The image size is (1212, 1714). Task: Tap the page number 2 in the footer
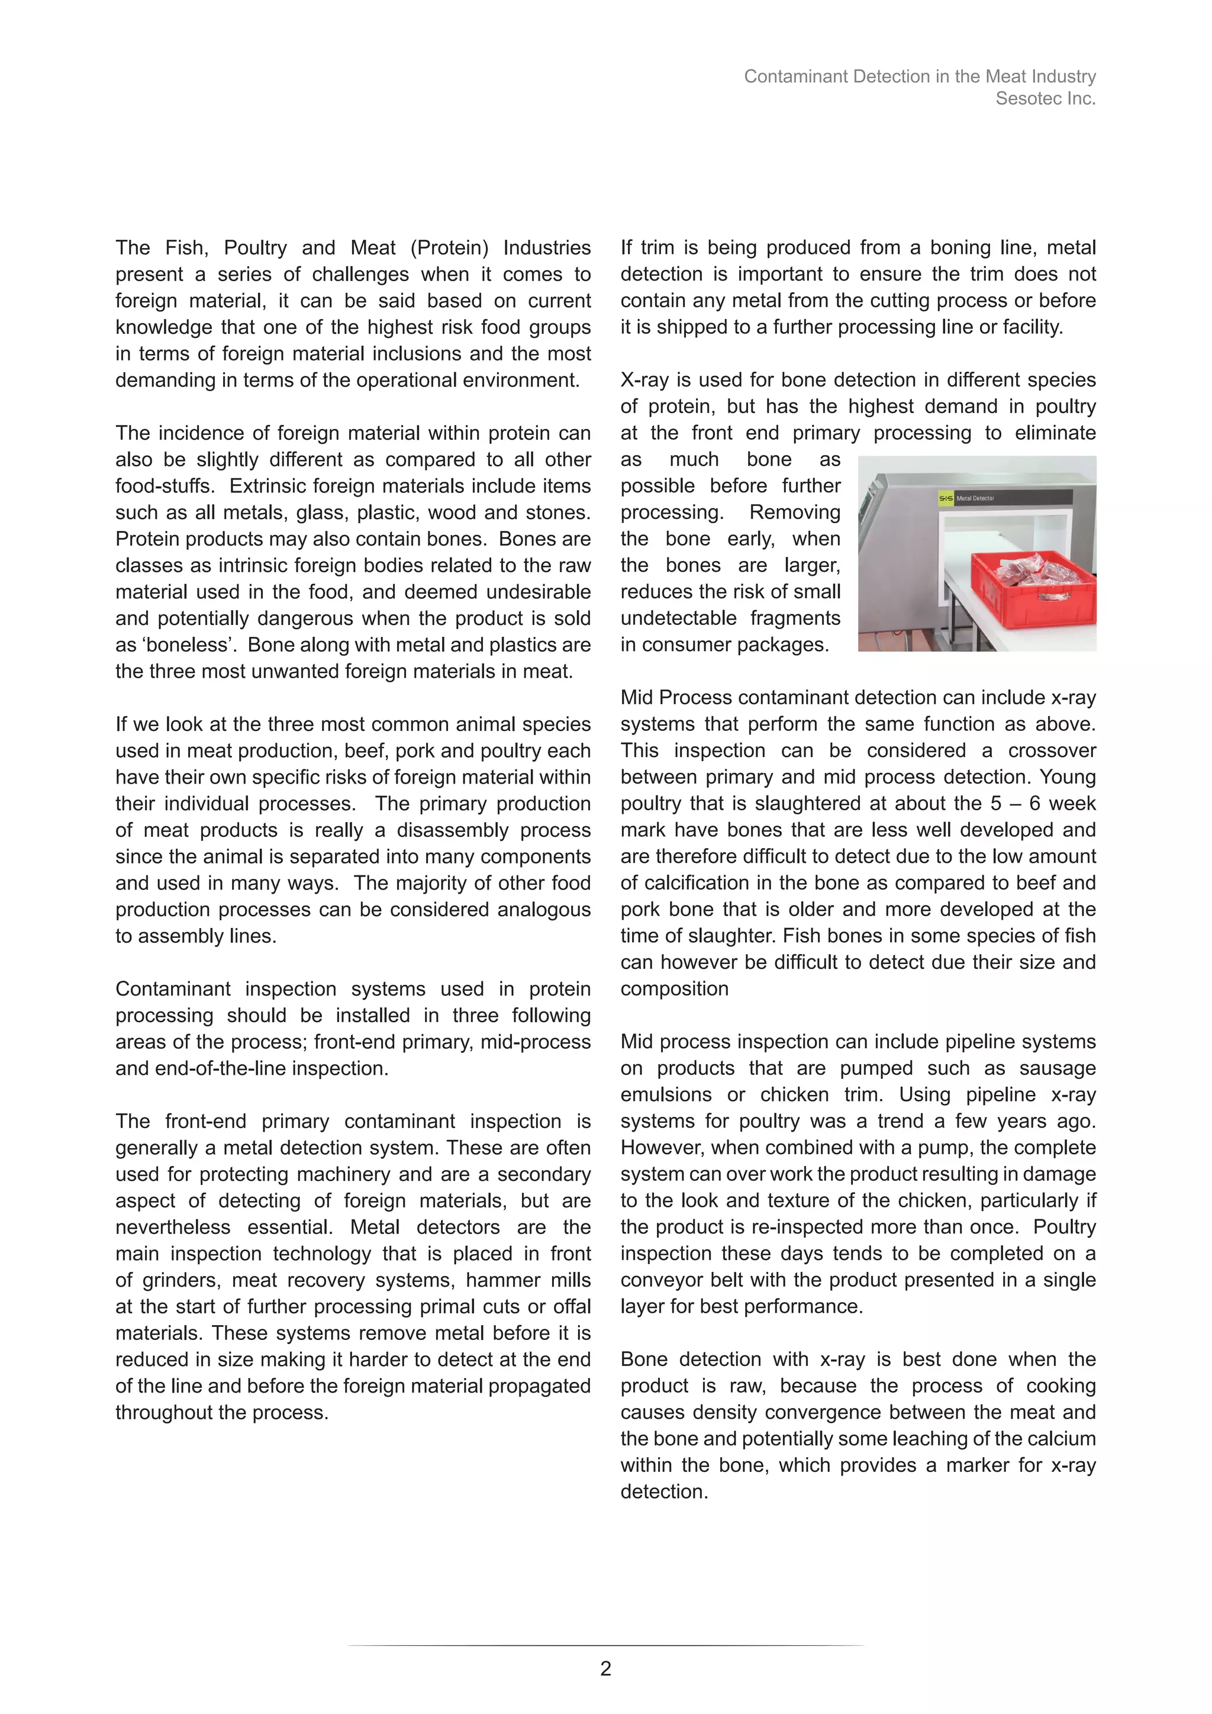[605, 1668]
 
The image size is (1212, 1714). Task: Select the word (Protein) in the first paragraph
[449, 248]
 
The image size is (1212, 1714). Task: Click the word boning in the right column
[960, 248]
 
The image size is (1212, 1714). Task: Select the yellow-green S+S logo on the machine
[946, 498]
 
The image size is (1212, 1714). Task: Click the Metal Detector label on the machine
[975, 498]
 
